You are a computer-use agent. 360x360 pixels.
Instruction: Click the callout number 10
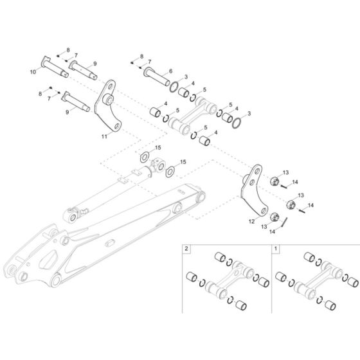click(x=33, y=72)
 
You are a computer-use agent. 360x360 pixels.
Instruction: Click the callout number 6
click(x=170, y=71)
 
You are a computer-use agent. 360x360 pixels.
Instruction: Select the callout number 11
click(x=104, y=136)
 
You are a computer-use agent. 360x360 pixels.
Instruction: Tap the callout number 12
click(x=251, y=221)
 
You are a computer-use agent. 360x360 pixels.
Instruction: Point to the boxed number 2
click(x=186, y=248)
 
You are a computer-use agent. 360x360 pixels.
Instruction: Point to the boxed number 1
click(x=276, y=248)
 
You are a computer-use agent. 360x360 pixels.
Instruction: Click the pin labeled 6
click(x=157, y=76)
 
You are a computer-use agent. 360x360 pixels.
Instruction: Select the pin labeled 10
click(x=55, y=67)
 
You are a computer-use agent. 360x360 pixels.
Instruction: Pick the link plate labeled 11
click(x=108, y=107)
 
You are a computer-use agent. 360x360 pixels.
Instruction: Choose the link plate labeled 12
click(x=254, y=190)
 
